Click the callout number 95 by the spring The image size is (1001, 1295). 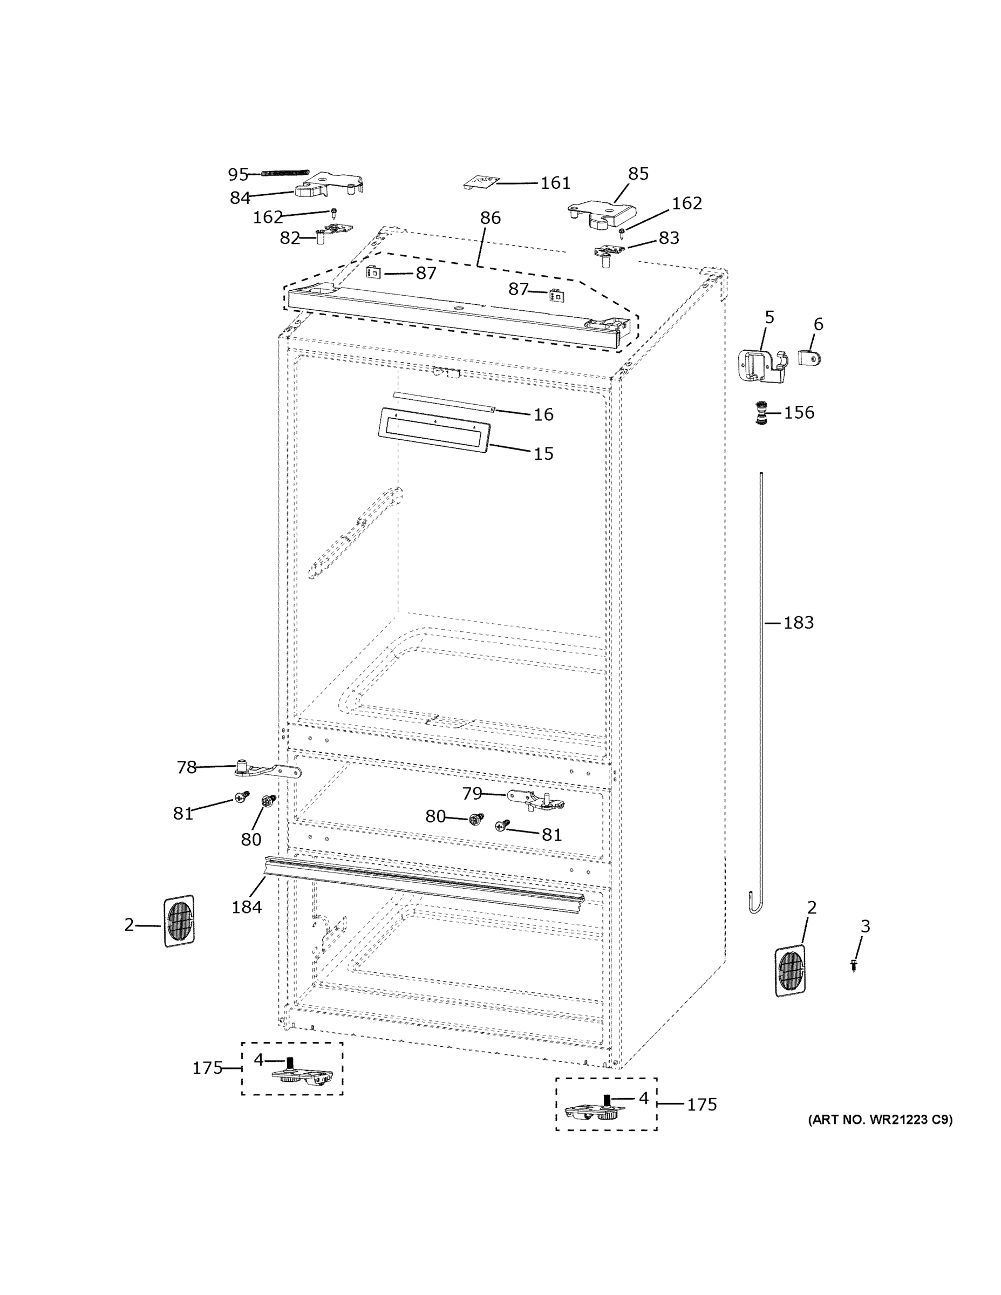click(238, 174)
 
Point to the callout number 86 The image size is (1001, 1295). click(490, 217)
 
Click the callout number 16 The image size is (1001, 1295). click(543, 414)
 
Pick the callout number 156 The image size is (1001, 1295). click(799, 413)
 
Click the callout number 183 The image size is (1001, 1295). click(798, 623)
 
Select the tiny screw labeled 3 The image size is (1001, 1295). click(853, 966)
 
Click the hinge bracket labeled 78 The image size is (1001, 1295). click(267, 771)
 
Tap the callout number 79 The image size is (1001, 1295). click(472, 793)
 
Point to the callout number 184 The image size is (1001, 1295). click(247, 906)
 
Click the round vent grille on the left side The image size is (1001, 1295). click(179, 921)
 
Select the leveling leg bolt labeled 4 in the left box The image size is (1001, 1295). click(290, 1062)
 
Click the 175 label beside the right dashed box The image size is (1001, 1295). click(702, 1105)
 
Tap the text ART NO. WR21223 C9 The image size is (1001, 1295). click(880, 1120)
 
